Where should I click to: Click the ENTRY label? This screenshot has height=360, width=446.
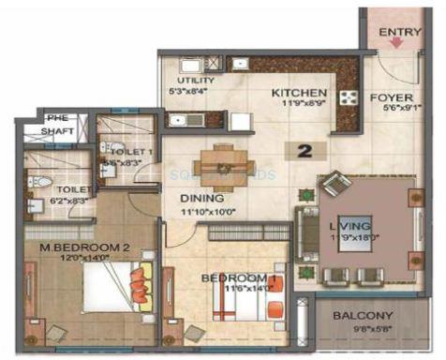coord(400,33)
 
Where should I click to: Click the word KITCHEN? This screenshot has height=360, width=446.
coord(299,93)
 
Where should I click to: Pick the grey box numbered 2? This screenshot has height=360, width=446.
coord(304,149)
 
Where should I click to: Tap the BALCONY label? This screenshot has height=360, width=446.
coord(363,316)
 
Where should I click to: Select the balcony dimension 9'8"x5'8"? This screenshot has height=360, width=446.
coord(363,329)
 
